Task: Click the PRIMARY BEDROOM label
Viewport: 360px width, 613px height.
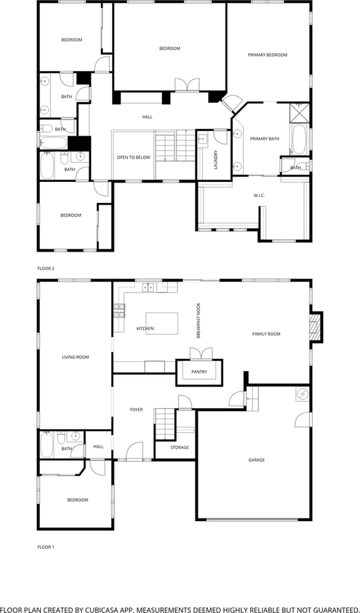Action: [x=267, y=55]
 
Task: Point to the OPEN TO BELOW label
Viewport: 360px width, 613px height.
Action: [x=133, y=157]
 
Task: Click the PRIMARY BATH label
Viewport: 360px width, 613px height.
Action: [x=264, y=139]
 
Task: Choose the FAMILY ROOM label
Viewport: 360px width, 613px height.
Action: [x=266, y=334]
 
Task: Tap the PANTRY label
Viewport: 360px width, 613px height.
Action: [x=199, y=372]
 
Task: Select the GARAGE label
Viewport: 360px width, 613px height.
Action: [x=257, y=460]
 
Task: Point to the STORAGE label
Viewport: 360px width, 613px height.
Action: [x=179, y=448]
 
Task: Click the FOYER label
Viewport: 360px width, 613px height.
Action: [x=137, y=409]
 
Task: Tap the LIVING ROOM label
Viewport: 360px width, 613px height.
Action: [x=75, y=357]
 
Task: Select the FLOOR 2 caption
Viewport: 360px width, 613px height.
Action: [x=46, y=268]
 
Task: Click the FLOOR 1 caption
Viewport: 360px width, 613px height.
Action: [x=46, y=547]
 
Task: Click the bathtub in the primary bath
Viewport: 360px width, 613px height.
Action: [x=299, y=137]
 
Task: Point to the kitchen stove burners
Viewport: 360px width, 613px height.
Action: [x=118, y=311]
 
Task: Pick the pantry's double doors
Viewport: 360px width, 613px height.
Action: [x=197, y=355]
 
